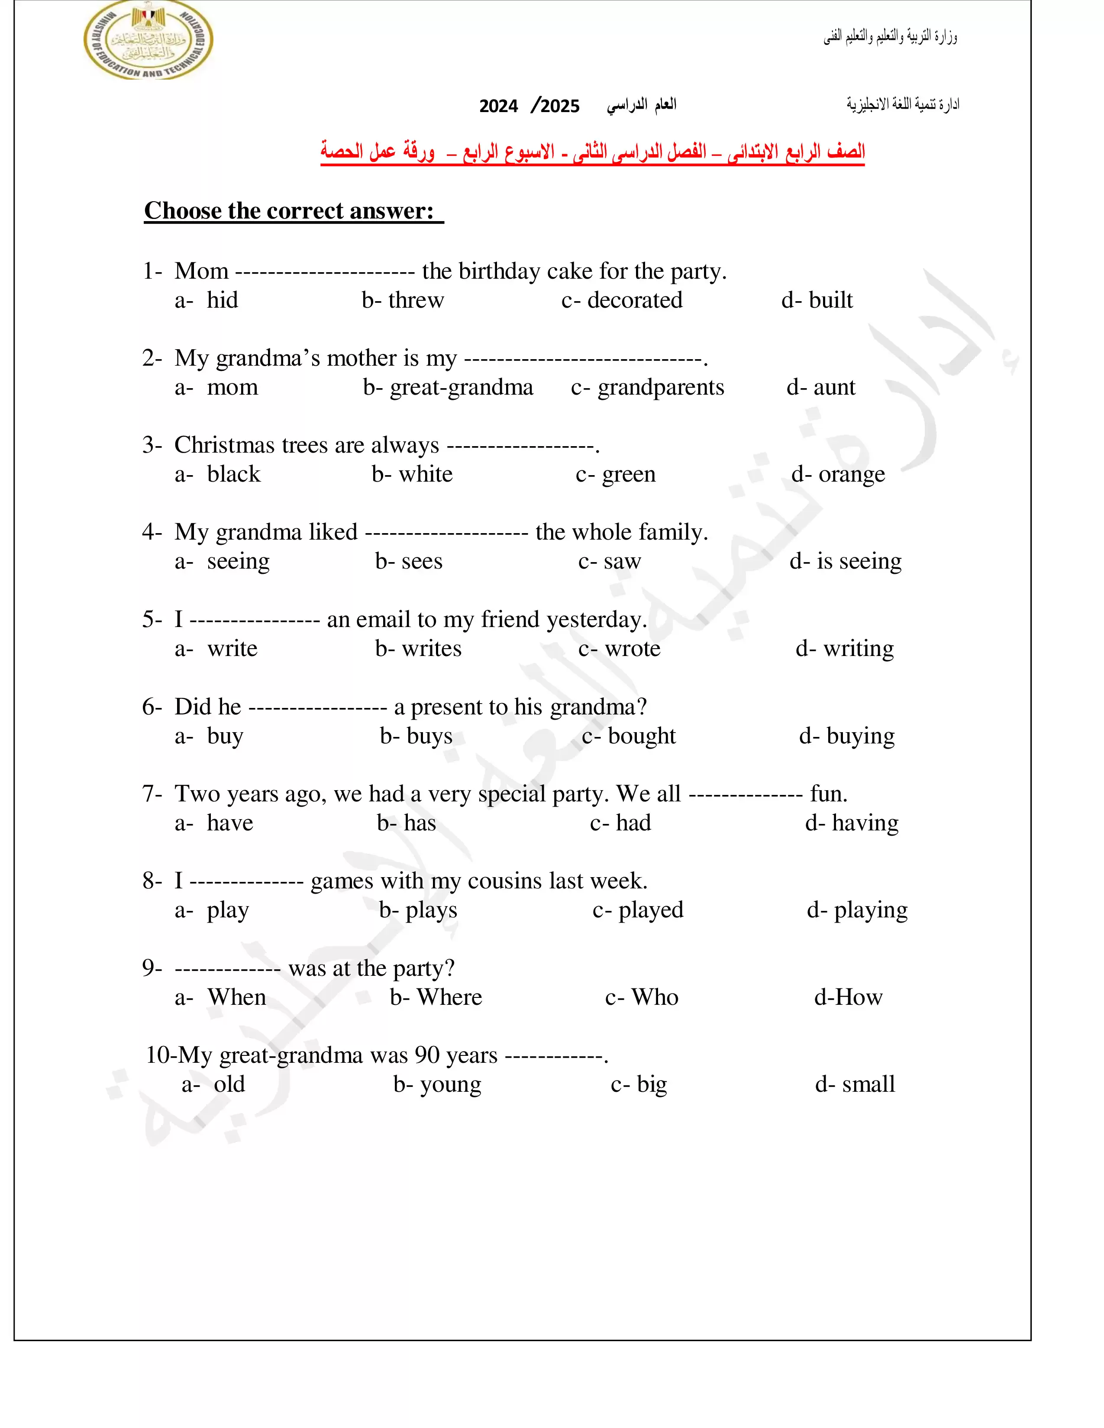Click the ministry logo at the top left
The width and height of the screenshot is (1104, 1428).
pyautogui.click(x=148, y=41)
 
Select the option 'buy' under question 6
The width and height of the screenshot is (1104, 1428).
pyautogui.click(x=225, y=736)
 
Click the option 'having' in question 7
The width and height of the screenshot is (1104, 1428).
pyautogui.click(x=865, y=823)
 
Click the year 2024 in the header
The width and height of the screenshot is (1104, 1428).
pyautogui.click(x=498, y=106)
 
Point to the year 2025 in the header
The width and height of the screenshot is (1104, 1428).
pyautogui.click(x=560, y=106)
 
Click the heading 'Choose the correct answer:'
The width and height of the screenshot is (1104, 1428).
pyautogui.click(x=289, y=211)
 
